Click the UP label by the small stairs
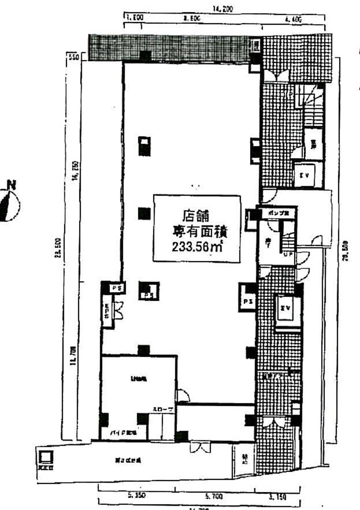[288, 255]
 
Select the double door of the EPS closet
[119, 309]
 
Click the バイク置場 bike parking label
[125, 432]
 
